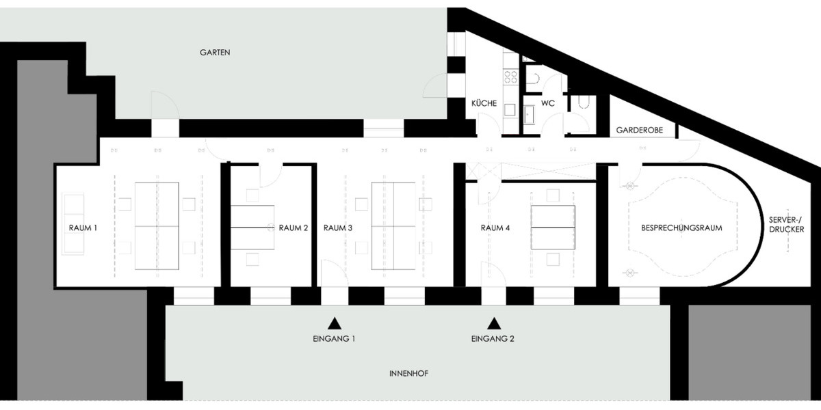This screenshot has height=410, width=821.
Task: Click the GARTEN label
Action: coord(215,52)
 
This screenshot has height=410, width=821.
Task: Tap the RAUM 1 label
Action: coord(82,228)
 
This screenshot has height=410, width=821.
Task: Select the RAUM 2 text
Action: coord(294,228)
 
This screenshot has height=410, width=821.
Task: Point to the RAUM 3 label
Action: coord(338,228)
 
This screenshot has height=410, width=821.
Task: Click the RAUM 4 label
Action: coord(495,228)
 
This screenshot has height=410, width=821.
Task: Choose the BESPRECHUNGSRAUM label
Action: coord(681,228)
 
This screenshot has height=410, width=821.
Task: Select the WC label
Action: coord(547,104)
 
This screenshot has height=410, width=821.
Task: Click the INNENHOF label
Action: coord(409,373)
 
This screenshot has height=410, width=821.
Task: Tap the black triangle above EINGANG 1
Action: coord(335,323)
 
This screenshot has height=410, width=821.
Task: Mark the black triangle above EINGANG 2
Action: coord(493,323)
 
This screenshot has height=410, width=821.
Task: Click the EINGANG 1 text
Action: coord(335,338)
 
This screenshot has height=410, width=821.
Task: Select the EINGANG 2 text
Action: coord(493,338)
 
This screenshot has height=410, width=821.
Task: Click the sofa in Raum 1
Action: coord(73,223)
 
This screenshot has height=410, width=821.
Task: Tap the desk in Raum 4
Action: coord(552,227)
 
